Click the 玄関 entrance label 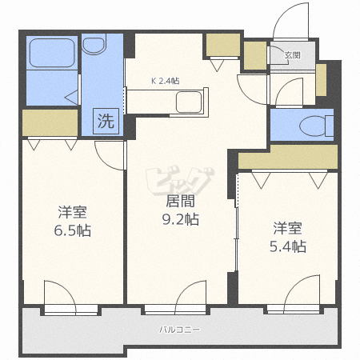coord(292,55)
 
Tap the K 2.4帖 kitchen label coord(165,80)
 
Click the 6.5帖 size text coord(73,231)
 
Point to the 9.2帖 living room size coord(182,218)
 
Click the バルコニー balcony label coord(179,329)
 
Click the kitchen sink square coord(190,102)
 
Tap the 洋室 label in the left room coord(73,212)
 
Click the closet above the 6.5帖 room coord(50,122)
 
